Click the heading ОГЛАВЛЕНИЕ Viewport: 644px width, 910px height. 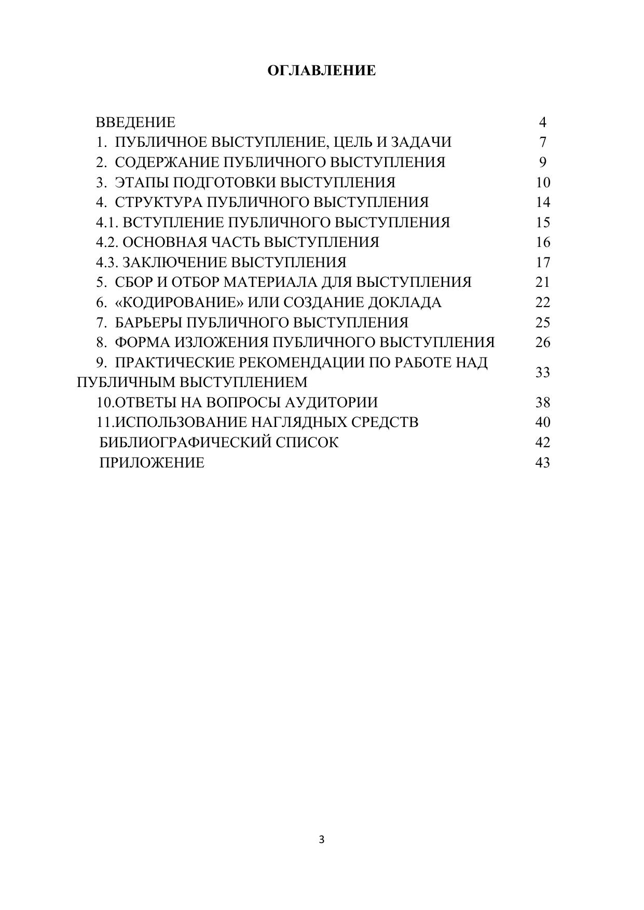322,71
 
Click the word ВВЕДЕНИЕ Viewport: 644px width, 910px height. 135,122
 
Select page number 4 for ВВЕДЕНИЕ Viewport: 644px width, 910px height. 542,122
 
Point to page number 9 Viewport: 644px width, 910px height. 542,162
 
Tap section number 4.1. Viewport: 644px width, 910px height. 107,223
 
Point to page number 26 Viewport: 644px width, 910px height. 542,342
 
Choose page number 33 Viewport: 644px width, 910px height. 542,373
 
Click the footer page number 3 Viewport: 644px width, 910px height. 322,839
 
